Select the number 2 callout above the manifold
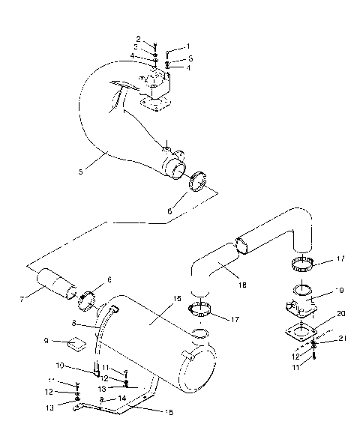coord(138,38)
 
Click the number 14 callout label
coord(122,399)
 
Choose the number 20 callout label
coord(320,314)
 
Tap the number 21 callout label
coord(323,339)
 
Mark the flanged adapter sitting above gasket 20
coord(300,309)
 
